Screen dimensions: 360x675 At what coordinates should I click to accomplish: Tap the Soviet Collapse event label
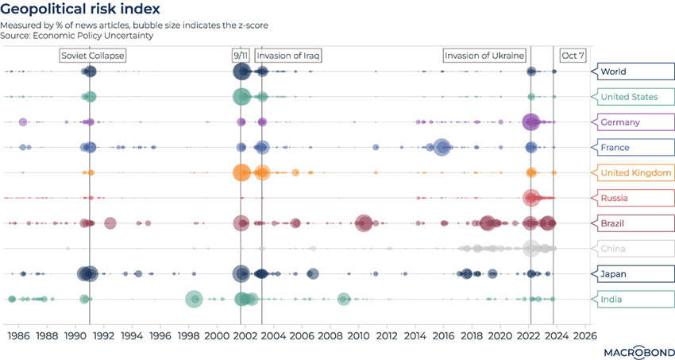[x=93, y=56]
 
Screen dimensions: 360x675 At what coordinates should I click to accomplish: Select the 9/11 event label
[x=240, y=56]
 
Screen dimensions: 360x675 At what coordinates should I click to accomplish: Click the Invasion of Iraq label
[x=289, y=56]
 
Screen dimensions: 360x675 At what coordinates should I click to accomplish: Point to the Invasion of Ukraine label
[x=484, y=56]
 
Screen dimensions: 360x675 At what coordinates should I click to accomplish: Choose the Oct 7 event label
[x=573, y=56]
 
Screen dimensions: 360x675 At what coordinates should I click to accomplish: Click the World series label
[x=613, y=72]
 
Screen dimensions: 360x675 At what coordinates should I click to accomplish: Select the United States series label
[x=629, y=97]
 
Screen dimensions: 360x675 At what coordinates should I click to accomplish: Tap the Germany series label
[x=620, y=122]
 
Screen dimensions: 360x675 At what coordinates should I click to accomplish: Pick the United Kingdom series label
[x=636, y=172]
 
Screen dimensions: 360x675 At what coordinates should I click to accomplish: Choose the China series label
[x=612, y=249]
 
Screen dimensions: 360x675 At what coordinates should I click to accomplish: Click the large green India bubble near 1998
[x=194, y=299]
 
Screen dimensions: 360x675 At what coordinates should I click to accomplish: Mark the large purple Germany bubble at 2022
[x=530, y=122]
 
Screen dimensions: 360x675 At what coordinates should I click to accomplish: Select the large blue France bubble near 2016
[x=442, y=147]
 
